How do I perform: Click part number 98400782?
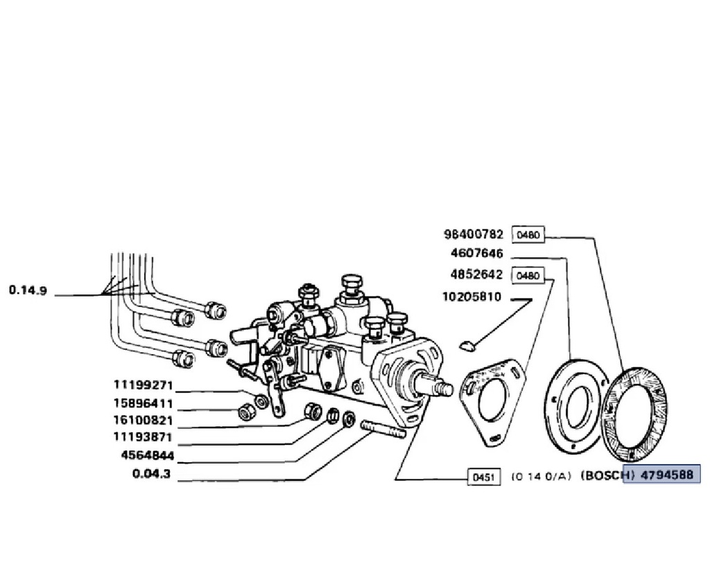point(473,234)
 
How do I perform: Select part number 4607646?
point(477,254)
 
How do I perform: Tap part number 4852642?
point(477,274)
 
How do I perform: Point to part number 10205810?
point(471,297)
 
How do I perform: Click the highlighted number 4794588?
point(668,475)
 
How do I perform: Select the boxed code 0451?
point(484,477)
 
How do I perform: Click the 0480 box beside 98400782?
point(528,235)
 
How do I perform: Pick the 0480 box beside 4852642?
point(528,276)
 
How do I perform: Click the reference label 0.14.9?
point(28,290)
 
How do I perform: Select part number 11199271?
point(143,385)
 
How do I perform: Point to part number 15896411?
point(143,403)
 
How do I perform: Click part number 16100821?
point(143,421)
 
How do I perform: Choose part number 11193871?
point(143,437)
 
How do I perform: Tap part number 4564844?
point(148,455)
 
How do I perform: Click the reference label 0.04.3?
point(152,474)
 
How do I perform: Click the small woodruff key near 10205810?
point(467,346)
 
